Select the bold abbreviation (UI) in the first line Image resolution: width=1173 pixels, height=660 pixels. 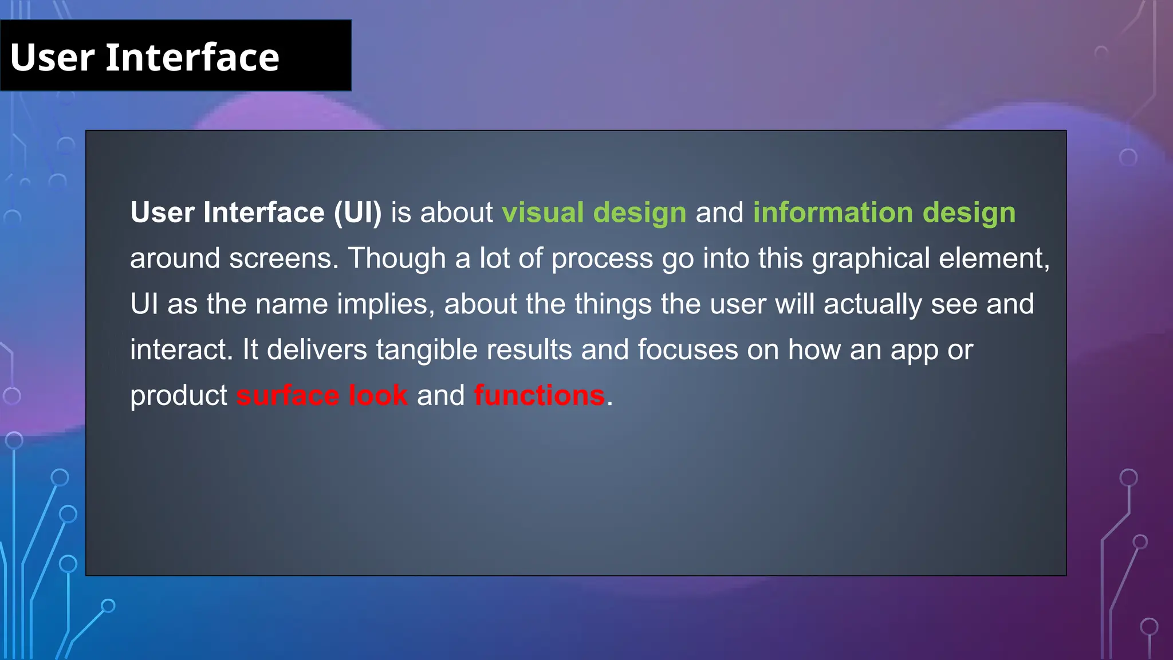(358, 213)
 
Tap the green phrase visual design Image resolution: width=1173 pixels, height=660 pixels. (594, 213)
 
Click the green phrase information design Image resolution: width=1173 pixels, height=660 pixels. (884, 213)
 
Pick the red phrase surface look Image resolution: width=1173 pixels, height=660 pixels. (322, 395)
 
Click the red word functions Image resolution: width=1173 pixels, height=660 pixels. (539, 395)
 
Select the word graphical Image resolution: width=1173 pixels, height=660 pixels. (871, 258)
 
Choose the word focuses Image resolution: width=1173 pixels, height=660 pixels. (687, 349)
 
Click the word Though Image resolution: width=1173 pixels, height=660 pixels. (397, 258)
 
